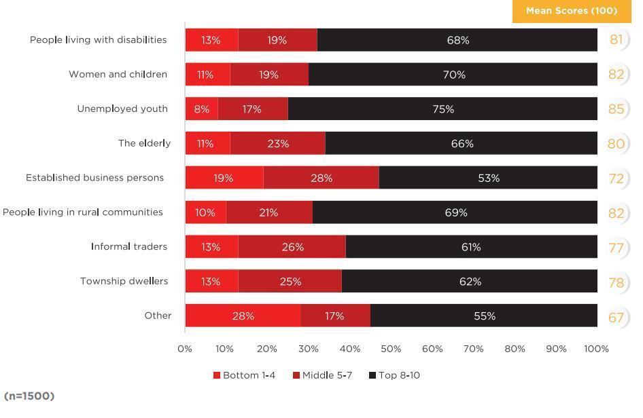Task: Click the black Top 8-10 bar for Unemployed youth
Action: (442, 109)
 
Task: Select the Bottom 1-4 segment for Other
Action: (243, 316)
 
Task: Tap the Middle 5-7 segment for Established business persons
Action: (321, 178)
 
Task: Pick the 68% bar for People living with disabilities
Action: (457, 40)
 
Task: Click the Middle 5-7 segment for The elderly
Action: (277, 143)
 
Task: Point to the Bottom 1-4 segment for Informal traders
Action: (211, 247)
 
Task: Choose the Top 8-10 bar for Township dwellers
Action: (470, 281)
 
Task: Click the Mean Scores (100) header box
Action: (572, 11)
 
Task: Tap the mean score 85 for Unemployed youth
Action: (616, 109)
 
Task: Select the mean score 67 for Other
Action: (616, 317)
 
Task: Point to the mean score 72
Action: (616, 178)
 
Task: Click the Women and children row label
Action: (118, 74)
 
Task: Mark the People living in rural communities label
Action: (83, 212)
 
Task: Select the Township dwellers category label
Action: (124, 281)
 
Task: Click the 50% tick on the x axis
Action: (391, 349)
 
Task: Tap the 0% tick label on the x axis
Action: (185, 349)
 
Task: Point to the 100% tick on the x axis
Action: (596, 349)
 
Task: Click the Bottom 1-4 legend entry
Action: (244, 375)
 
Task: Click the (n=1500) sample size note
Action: (29, 396)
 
